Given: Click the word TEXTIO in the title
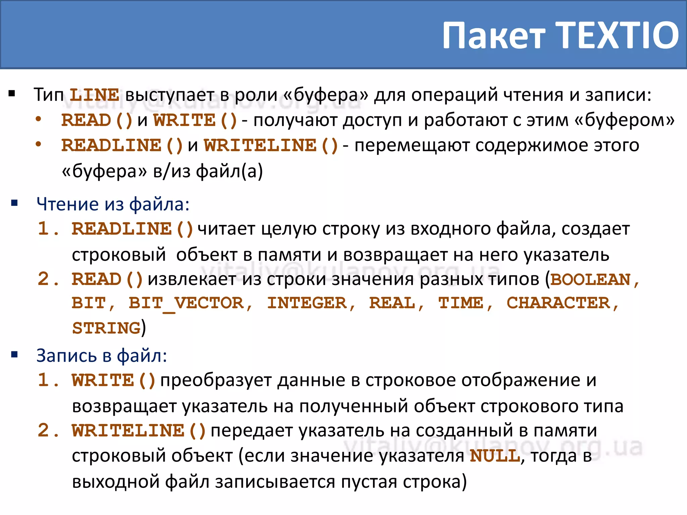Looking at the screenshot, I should pos(618,35).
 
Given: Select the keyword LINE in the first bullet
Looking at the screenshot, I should pos(94,95).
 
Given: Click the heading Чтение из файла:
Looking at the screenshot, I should pos(113,204).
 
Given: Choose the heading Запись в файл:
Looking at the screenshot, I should pos(101,356).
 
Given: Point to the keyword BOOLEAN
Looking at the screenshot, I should pos(590,280).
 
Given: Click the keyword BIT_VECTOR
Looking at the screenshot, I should pos(186,304).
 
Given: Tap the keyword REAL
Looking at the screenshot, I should pos(392,304).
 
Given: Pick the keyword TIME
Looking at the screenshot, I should pos(461,304).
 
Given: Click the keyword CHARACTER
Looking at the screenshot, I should pos(558,304).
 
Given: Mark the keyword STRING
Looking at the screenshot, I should pos(106,329).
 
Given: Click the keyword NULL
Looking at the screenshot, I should pos(495,456).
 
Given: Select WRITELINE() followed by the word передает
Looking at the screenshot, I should pos(139,431).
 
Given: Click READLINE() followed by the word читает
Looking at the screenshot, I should pos(133,229).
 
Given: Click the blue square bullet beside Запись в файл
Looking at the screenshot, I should pos(14,355).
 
